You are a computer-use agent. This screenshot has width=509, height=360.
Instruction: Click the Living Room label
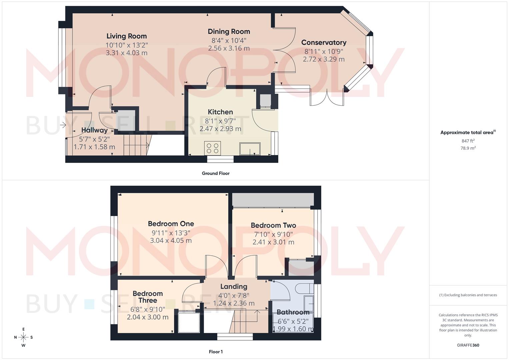(126, 36)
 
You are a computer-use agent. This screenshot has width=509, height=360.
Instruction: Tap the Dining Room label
(229, 31)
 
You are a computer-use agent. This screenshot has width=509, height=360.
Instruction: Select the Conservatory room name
(324, 42)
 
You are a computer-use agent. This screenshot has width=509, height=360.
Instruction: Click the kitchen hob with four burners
(212, 148)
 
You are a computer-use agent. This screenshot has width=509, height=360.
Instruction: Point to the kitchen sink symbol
(250, 149)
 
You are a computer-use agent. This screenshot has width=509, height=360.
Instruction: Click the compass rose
(23, 337)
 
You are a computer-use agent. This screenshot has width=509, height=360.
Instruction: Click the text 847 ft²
(468, 141)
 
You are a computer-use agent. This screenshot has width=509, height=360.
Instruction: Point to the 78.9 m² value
(468, 148)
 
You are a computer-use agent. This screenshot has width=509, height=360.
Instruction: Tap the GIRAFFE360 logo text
(468, 345)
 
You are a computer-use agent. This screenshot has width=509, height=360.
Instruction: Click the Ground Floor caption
(215, 173)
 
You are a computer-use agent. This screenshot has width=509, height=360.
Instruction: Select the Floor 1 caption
(215, 352)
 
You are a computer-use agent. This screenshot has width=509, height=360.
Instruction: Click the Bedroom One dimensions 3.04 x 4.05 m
(171, 240)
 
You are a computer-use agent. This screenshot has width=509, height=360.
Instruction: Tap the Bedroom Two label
(273, 225)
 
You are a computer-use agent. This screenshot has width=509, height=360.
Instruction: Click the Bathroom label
(293, 312)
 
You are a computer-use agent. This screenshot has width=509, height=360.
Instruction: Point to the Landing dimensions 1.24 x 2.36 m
(234, 303)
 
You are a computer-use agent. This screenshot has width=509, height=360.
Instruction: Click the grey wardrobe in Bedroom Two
(273, 200)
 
